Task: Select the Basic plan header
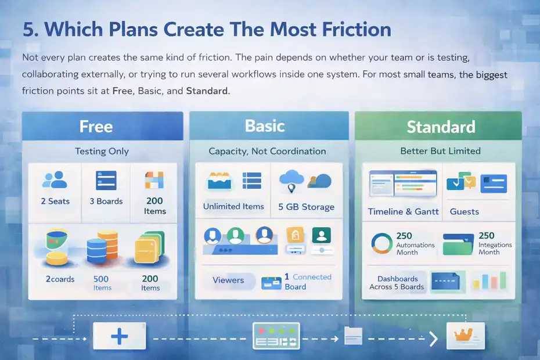tap(265, 126)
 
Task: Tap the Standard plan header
tap(440, 127)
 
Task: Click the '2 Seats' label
tap(55, 201)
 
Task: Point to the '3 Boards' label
tap(106, 201)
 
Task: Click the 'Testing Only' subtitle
tap(102, 151)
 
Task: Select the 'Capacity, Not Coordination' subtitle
tap(267, 151)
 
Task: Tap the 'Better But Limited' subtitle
tap(440, 151)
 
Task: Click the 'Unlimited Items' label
tap(233, 206)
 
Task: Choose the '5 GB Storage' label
tap(306, 207)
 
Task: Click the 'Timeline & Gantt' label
tap(403, 212)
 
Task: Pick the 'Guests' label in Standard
tap(465, 212)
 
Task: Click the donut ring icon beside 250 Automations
tap(381, 243)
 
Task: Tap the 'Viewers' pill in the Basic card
tap(228, 280)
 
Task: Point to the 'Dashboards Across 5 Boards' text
tap(397, 283)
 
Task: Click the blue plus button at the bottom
tap(119, 336)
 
